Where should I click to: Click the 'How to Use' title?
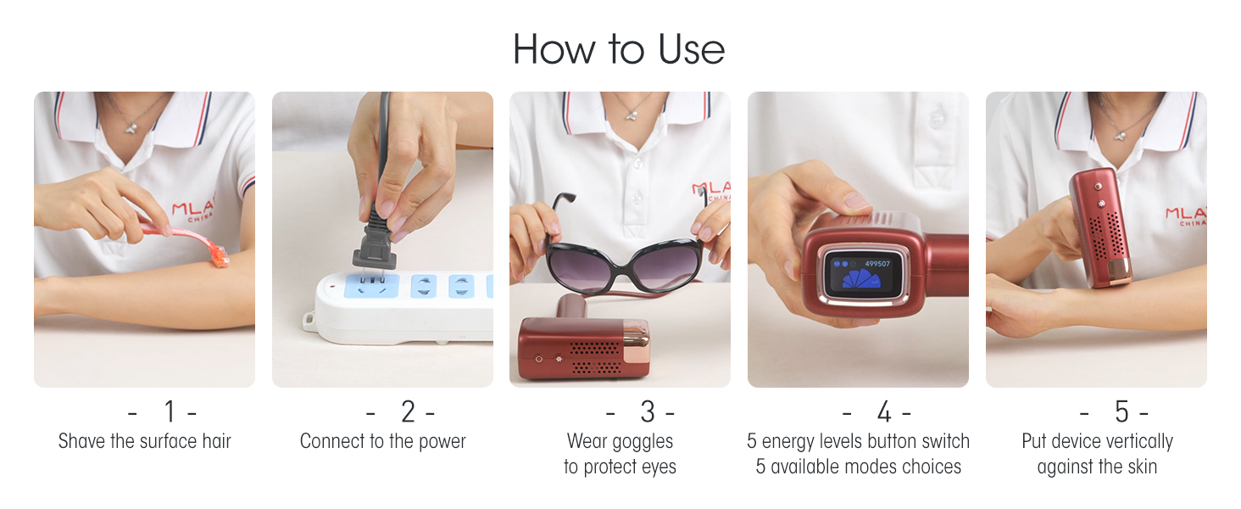[619, 49]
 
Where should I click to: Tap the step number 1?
[170, 412]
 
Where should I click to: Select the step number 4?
[884, 412]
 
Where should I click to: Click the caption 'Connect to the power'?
[383, 441]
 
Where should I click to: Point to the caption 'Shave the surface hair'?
[145, 441]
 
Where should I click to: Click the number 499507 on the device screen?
[877, 264]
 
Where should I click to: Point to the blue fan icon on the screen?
[860, 279]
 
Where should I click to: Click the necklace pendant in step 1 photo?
[131, 128]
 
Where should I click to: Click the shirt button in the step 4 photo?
[937, 118]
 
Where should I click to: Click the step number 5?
[1121, 412]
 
